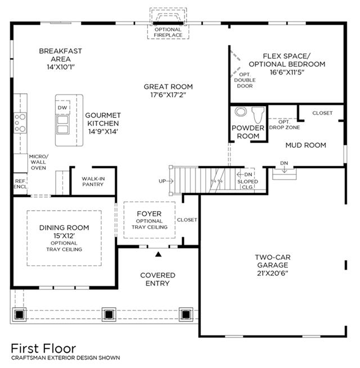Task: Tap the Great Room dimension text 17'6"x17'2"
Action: (168, 96)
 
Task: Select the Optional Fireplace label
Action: (168, 33)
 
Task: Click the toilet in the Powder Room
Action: (259, 115)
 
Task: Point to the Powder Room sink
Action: (240, 111)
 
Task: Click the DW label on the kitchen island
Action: (62, 108)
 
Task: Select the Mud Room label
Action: (305, 145)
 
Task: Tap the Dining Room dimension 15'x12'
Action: (64, 235)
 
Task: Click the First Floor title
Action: (43, 348)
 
